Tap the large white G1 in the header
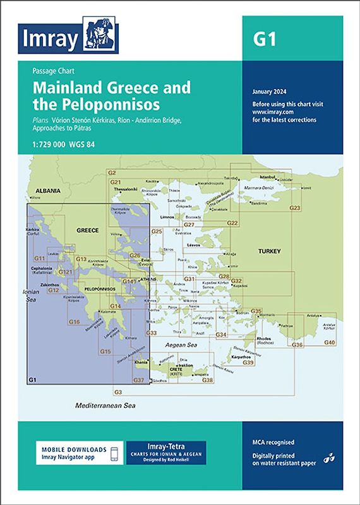click(x=265, y=39)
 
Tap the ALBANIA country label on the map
click(x=48, y=190)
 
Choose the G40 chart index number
click(x=330, y=342)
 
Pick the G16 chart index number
click(x=74, y=322)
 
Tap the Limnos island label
click(x=167, y=217)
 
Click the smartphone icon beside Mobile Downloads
click(x=115, y=453)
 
